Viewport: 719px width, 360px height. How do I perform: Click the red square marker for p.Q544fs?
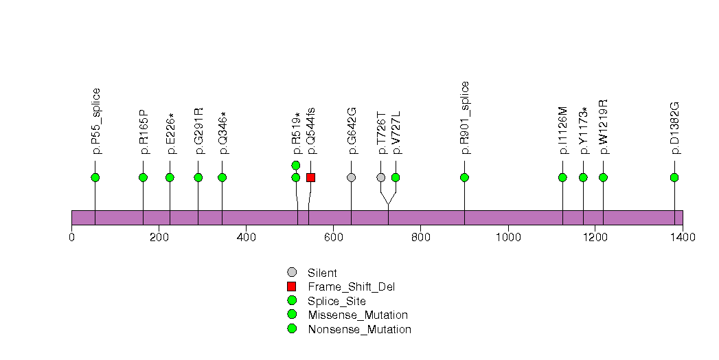coord(310,177)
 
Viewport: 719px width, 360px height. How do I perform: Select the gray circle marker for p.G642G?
coord(352,177)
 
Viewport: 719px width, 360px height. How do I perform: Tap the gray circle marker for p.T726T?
coord(381,177)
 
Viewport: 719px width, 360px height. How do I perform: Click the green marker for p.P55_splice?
coord(95,177)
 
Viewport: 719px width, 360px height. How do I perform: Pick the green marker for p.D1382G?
coord(674,177)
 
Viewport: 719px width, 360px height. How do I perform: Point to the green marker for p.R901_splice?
coord(465,177)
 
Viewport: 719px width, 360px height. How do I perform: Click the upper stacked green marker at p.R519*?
coord(296,165)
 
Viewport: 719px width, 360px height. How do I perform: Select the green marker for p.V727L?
coord(396,177)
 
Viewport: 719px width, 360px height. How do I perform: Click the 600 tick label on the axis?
coord(333,238)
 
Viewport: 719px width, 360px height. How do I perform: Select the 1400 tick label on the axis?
coord(682,238)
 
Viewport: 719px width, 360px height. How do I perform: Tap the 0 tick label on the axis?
coord(72,238)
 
